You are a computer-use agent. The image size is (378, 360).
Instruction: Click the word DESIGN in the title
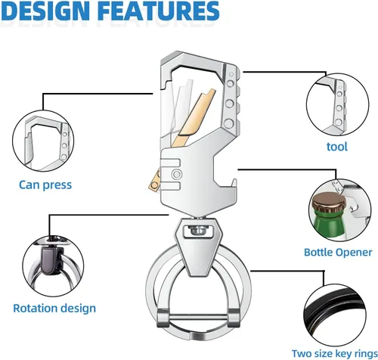pyautogui.click(x=47, y=11)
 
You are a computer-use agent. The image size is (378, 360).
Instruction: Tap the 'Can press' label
pyautogui.click(x=45, y=185)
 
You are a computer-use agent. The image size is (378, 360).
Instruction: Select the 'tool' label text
pyautogui.click(x=337, y=146)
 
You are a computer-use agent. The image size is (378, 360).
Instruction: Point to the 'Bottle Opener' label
pyautogui.click(x=338, y=252)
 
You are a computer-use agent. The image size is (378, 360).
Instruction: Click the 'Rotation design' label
pyautogui.click(x=54, y=309)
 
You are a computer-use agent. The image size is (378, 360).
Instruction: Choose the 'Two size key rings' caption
pyautogui.click(x=335, y=353)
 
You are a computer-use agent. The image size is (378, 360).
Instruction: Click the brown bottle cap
pyautogui.click(x=330, y=203)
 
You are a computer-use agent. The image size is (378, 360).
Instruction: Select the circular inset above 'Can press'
pyautogui.click(x=43, y=141)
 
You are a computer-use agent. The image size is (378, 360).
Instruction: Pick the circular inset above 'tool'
pyautogui.click(x=338, y=105)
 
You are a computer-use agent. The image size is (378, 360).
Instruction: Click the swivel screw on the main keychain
pyautogui.click(x=197, y=230)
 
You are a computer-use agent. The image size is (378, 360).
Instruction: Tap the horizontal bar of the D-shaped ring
pyautogui.click(x=198, y=317)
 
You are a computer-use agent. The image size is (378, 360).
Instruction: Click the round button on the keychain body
pyautogui.click(x=176, y=174)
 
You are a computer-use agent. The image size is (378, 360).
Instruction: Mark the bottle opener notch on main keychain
pyautogui.click(x=225, y=172)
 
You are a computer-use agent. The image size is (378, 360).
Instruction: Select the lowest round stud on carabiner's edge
pyautogui.click(x=229, y=123)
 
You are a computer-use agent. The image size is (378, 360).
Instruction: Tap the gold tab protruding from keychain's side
pyautogui.click(x=154, y=181)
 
